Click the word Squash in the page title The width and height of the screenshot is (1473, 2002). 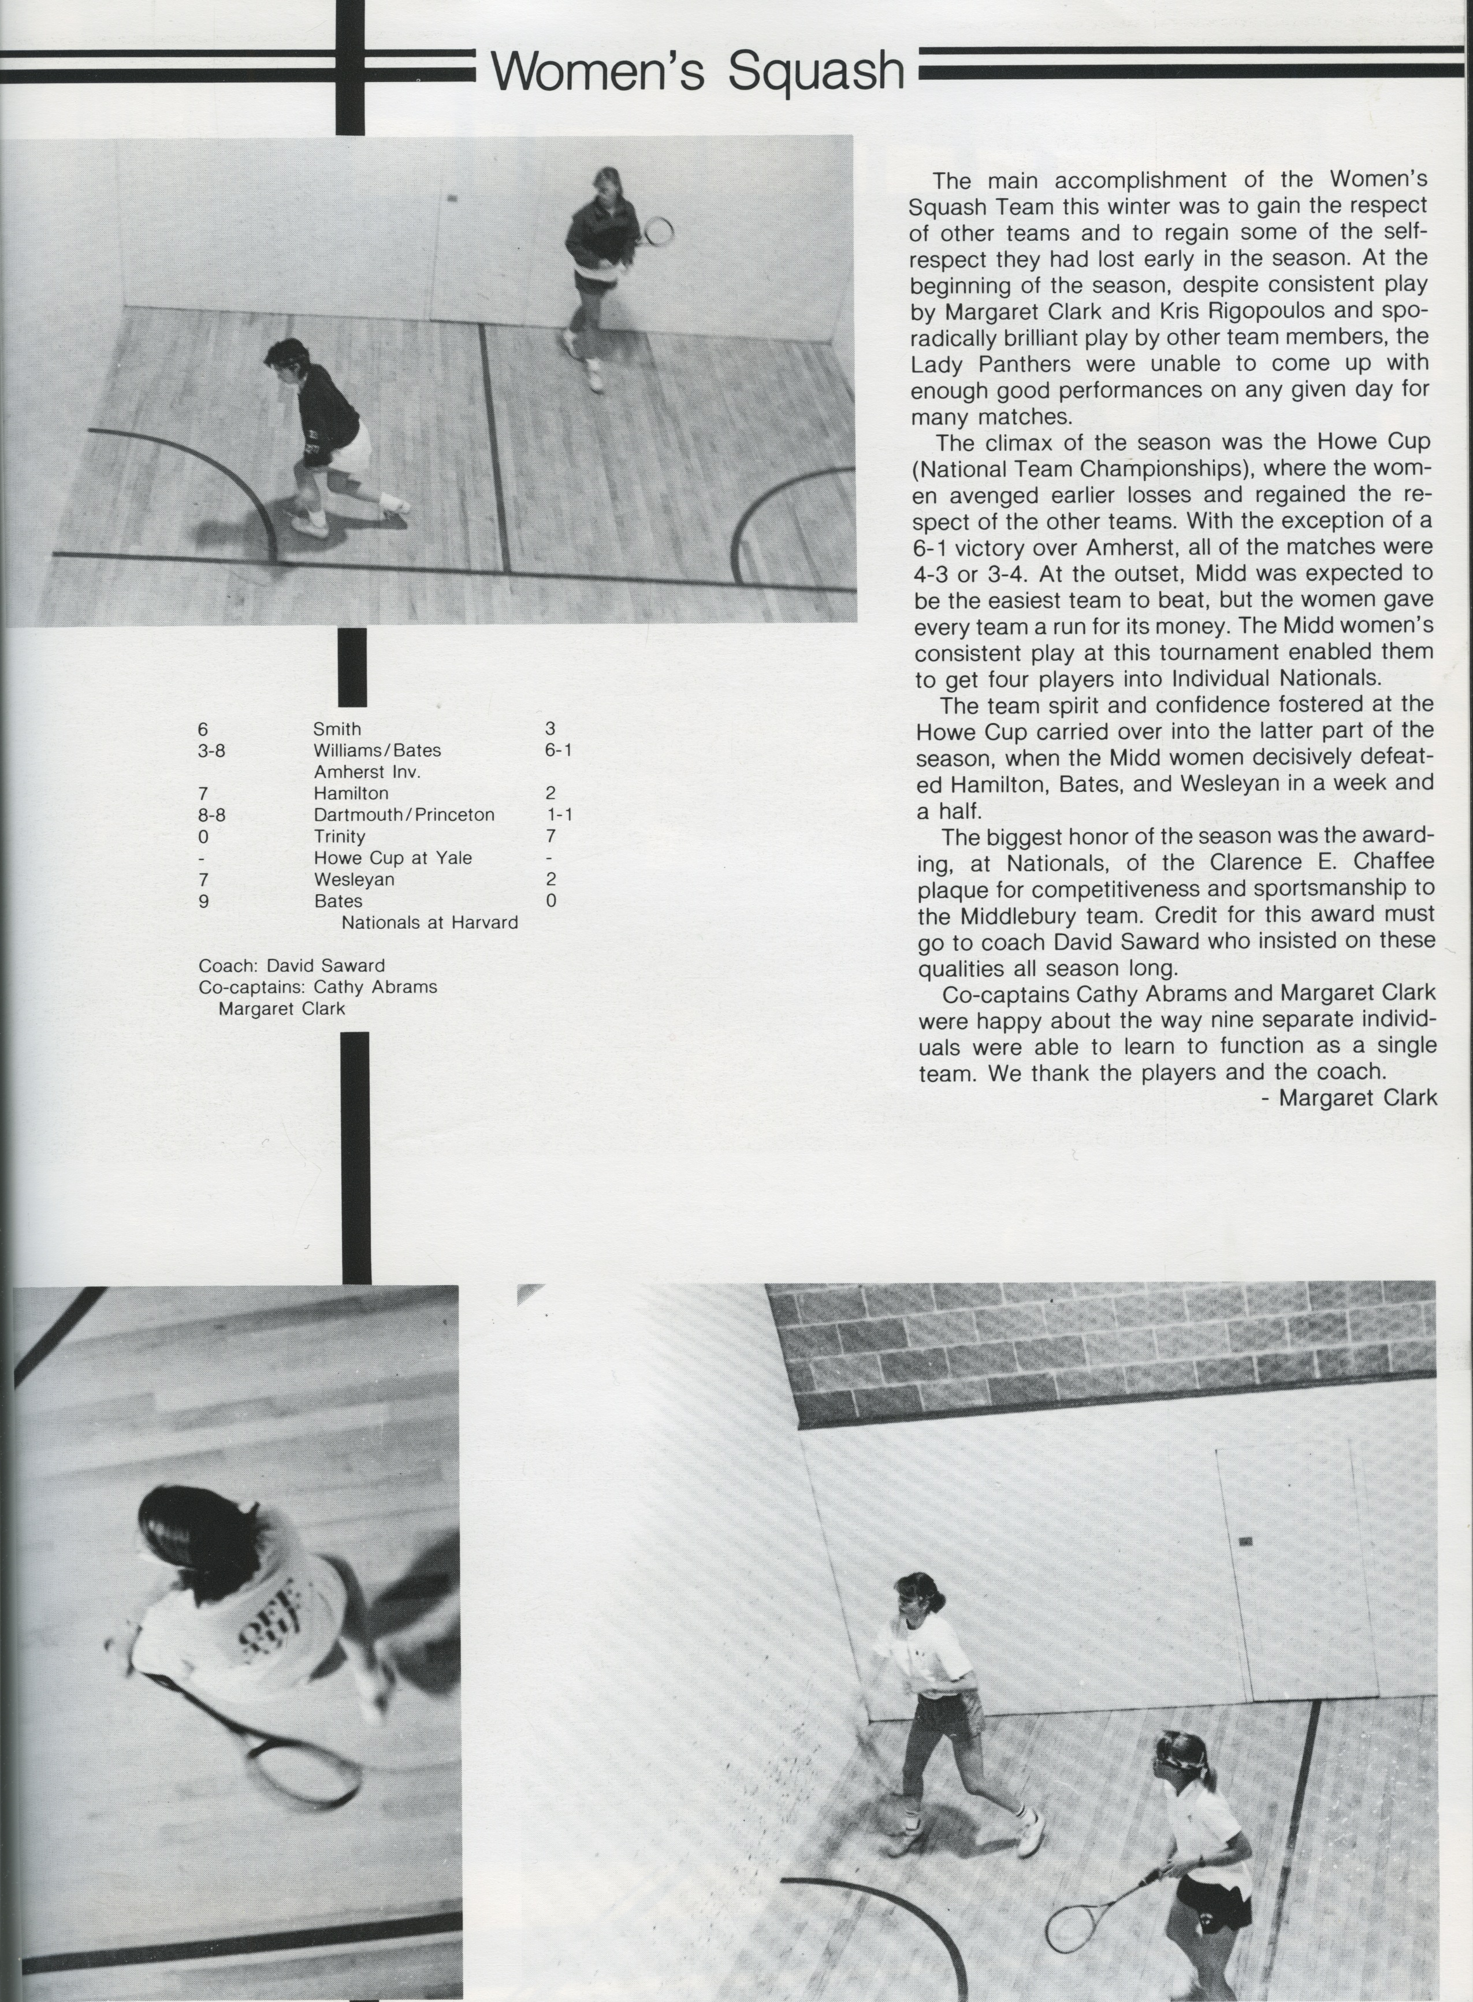pos(815,70)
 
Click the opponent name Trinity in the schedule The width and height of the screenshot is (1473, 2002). pos(339,836)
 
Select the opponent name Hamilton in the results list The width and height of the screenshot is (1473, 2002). pos(351,793)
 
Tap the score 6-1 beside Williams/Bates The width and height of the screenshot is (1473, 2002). pos(557,750)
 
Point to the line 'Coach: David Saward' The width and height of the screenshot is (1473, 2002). pos(292,965)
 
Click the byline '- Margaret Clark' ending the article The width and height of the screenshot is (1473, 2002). pos(1349,1097)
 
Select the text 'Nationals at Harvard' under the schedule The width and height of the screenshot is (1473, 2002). pos(430,922)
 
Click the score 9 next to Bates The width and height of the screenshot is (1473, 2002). pos(203,901)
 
